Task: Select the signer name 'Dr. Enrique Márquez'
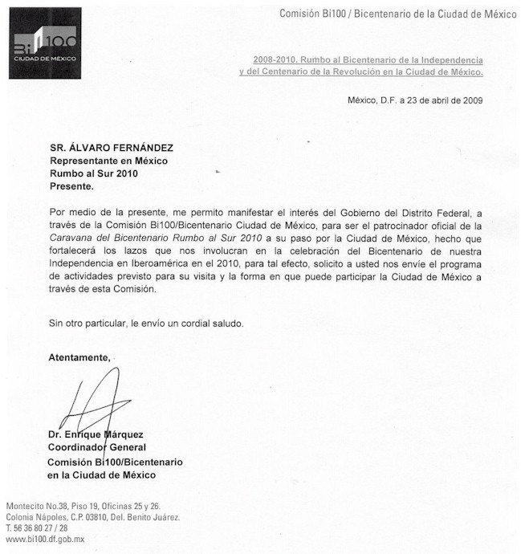(98, 435)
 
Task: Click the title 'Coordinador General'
(97, 447)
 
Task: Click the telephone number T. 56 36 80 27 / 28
(37, 528)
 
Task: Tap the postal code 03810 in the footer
(107, 517)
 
